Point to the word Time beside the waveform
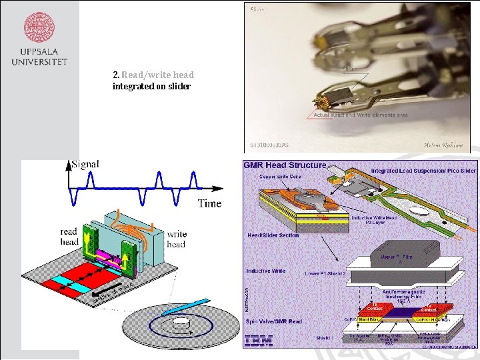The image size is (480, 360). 209,203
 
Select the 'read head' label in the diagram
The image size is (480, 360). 69,237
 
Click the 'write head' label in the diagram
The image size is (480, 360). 177,239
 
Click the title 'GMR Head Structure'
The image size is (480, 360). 285,165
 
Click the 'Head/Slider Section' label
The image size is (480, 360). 273,235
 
